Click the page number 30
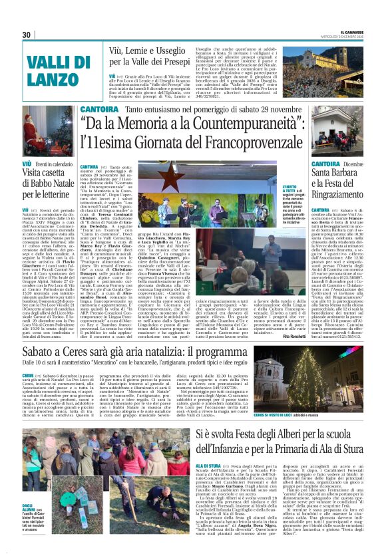click(27, 35)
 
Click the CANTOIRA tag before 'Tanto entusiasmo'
click(99, 109)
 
